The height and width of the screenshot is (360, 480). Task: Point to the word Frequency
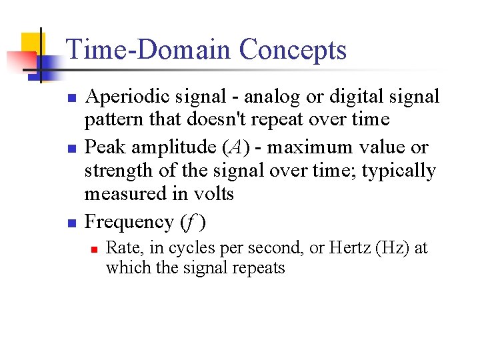pyautogui.click(x=128, y=222)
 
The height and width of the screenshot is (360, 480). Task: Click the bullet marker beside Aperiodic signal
pyautogui.click(x=73, y=99)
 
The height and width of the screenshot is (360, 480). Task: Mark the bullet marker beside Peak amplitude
pyautogui.click(x=73, y=149)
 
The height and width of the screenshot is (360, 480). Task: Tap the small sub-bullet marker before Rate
pyautogui.click(x=95, y=249)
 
